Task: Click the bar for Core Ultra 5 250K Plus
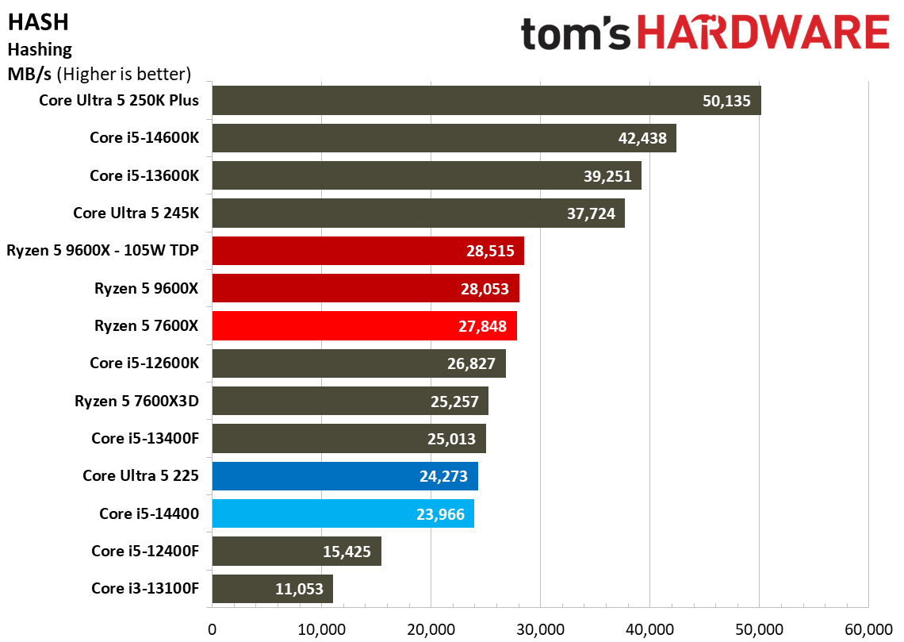[487, 100]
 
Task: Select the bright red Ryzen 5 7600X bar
[364, 326]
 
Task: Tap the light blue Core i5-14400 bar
[343, 513]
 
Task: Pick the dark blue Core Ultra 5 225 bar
[345, 476]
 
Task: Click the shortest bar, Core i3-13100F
[272, 588]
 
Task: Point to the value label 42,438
[642, 138]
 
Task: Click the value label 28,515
[490, 251]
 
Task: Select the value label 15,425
[347, 552]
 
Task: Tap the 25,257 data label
[454, 402]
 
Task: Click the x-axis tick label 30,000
[540, 629]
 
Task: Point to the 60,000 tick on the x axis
[868, 629]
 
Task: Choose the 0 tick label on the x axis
[213, 629]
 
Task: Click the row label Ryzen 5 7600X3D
[136, 401]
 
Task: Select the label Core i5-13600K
[144, 175]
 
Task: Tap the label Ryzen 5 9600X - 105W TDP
[102, 250]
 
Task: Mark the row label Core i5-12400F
[144, 551]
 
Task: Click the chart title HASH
[38, 22]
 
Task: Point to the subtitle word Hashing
[40, 50]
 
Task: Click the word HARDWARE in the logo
[764, 33]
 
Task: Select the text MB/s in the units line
[29, 74]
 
